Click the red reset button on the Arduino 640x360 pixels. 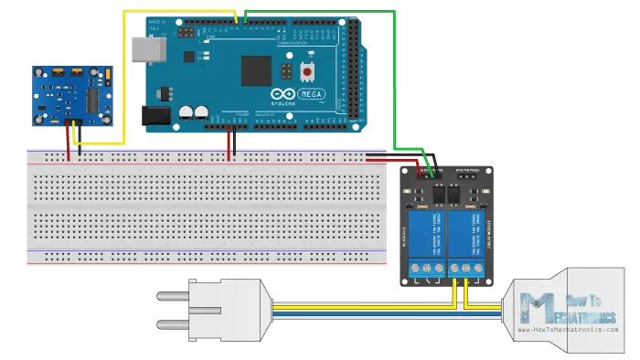(x=308, y=71)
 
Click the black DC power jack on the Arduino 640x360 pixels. (x=155, y=115)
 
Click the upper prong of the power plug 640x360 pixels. (x=173, y=294)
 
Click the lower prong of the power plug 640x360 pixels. (x=173, y=323)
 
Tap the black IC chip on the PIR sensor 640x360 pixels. (x=94, y=98)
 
